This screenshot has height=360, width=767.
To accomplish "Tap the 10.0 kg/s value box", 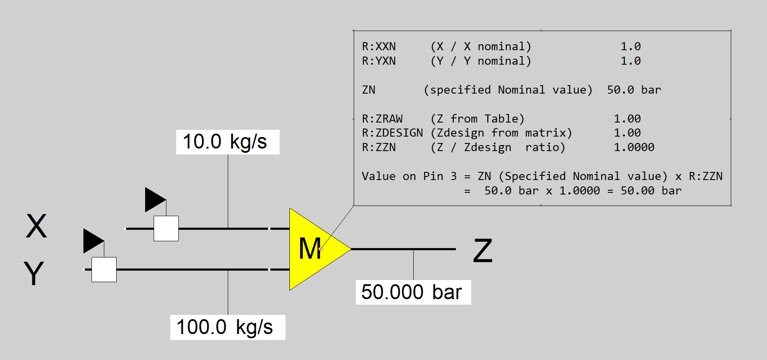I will [x=228, y=142].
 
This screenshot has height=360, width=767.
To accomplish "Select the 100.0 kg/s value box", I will [x=228, y=327].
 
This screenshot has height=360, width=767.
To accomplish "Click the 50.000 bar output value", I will [x=413, y=292].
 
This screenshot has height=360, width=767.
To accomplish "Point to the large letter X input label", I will [x=36, y=226].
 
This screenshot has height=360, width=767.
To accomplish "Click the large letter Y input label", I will [x=34, y=273].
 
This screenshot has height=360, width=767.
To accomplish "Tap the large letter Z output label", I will [x=483, y=251].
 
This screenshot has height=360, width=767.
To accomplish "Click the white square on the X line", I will [x=166, y=229].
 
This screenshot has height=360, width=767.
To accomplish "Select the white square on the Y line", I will [x=104, y=269].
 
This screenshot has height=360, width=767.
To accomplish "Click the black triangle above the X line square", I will [x=154, y=200].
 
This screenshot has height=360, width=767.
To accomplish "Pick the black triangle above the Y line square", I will [x=92, y=241].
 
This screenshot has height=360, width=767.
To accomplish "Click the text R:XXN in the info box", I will [x=379, y=46].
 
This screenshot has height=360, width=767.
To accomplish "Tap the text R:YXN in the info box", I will [x=379, y=61].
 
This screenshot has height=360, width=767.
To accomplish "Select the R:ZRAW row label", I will [x=382, y=119].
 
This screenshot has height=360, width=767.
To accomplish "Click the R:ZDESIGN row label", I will [x=392, y=133].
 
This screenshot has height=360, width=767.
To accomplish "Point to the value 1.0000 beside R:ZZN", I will [x=634, y=147].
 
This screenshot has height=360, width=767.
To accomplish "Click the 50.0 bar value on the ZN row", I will [x=634, y=90].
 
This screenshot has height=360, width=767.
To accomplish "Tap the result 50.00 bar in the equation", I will [x=651, y=191].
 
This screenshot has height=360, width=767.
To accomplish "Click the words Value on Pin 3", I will [x=409, y=176].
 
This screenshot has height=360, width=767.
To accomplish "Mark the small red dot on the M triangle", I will [x=321, y=249].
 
